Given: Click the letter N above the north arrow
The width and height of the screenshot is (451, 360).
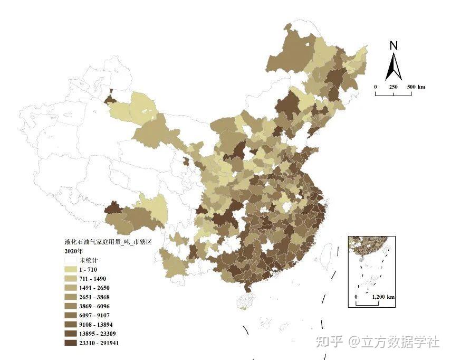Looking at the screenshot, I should [x=394, y=46].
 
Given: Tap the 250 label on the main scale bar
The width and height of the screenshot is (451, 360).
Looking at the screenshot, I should [x=393, y=87].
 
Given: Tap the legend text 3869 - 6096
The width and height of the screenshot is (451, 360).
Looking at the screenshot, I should [x=94, y=306].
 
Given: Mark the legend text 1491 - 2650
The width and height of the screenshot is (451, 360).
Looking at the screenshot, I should [x=94, y=288].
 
